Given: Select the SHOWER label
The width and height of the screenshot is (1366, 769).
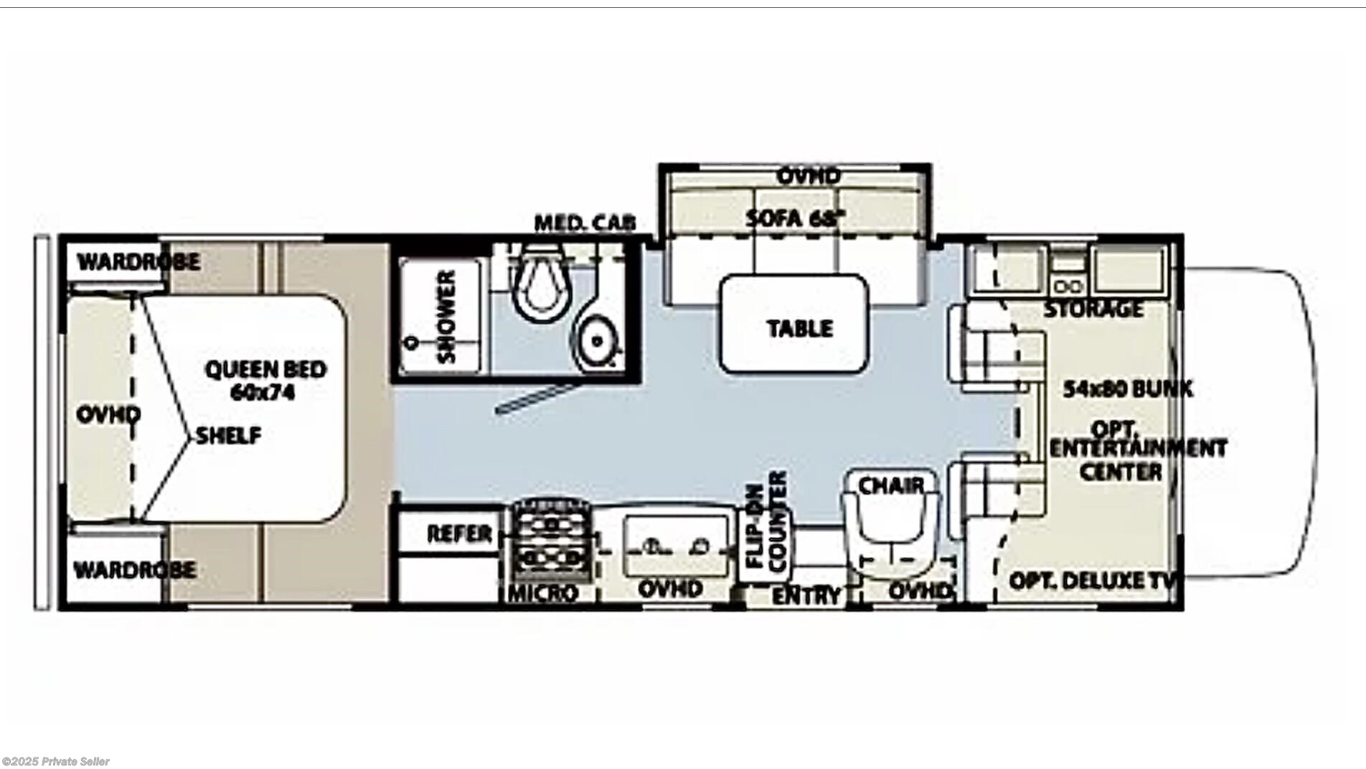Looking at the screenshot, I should pos(446,316).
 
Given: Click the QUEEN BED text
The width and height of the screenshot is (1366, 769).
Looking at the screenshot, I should pos(265,370).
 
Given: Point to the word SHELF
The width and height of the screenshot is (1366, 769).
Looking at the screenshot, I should pos(229,435).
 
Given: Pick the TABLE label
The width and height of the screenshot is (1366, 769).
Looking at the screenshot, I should pos(800,329).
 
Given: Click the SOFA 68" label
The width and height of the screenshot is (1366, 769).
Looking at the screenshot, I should pos(792,218).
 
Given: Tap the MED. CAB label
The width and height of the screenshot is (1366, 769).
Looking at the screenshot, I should pos(585,223).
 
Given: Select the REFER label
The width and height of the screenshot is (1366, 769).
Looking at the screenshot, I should pos(459,533).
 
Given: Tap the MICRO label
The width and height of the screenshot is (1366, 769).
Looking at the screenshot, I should pos(543,593).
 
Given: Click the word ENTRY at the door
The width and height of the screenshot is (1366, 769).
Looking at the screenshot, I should pos(806,595).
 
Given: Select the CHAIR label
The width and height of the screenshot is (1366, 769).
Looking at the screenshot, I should pos(892,486).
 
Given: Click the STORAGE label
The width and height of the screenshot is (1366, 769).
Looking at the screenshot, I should pos(1093,309).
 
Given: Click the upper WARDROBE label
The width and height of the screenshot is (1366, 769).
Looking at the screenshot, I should pos(138,261).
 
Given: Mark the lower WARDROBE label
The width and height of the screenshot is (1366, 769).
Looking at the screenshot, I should pos(135,570).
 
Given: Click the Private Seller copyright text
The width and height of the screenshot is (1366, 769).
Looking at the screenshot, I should pos(56,762).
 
